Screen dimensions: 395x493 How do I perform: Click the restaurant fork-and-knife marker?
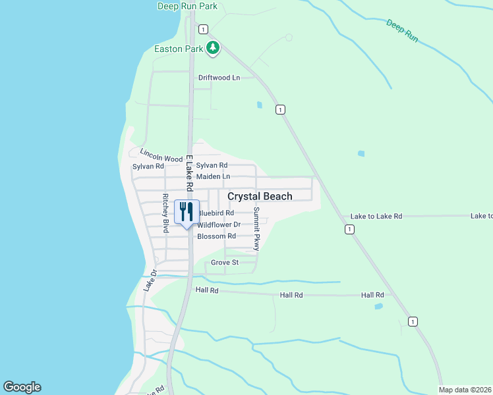[187, 212]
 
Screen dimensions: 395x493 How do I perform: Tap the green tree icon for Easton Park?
[212, 48]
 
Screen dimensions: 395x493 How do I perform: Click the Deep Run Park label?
[188, 7]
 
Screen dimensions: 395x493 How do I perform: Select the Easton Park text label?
[178, 49]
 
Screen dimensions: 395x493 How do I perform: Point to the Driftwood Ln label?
[219, 78]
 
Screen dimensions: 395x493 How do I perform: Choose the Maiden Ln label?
[213, 176]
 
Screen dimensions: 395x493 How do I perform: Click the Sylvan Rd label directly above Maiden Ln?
[212, 166]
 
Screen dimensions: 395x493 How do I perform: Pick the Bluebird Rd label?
[216, 213]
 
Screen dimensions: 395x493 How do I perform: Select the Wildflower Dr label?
[219, 224]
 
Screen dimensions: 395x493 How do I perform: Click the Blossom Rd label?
[216, 236]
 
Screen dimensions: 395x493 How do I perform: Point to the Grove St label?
[224, 263]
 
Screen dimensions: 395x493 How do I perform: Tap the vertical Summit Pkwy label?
[257, 229]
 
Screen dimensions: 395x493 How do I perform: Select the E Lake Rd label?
[189, 172]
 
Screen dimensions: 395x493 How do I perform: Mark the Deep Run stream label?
[402, 31]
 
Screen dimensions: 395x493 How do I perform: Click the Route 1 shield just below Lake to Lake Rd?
[349, 229]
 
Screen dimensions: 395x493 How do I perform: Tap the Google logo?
[22, 387]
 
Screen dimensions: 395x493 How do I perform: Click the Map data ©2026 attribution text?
[465, 390]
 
